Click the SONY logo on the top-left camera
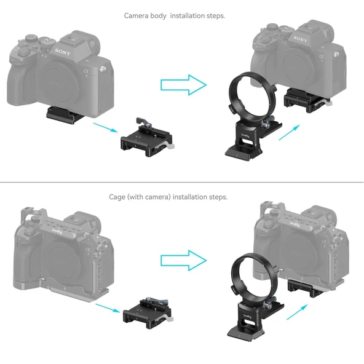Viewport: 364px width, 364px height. [63, 52]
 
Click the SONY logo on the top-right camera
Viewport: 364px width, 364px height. [300, 40]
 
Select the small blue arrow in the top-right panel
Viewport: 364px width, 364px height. [288, 133]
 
